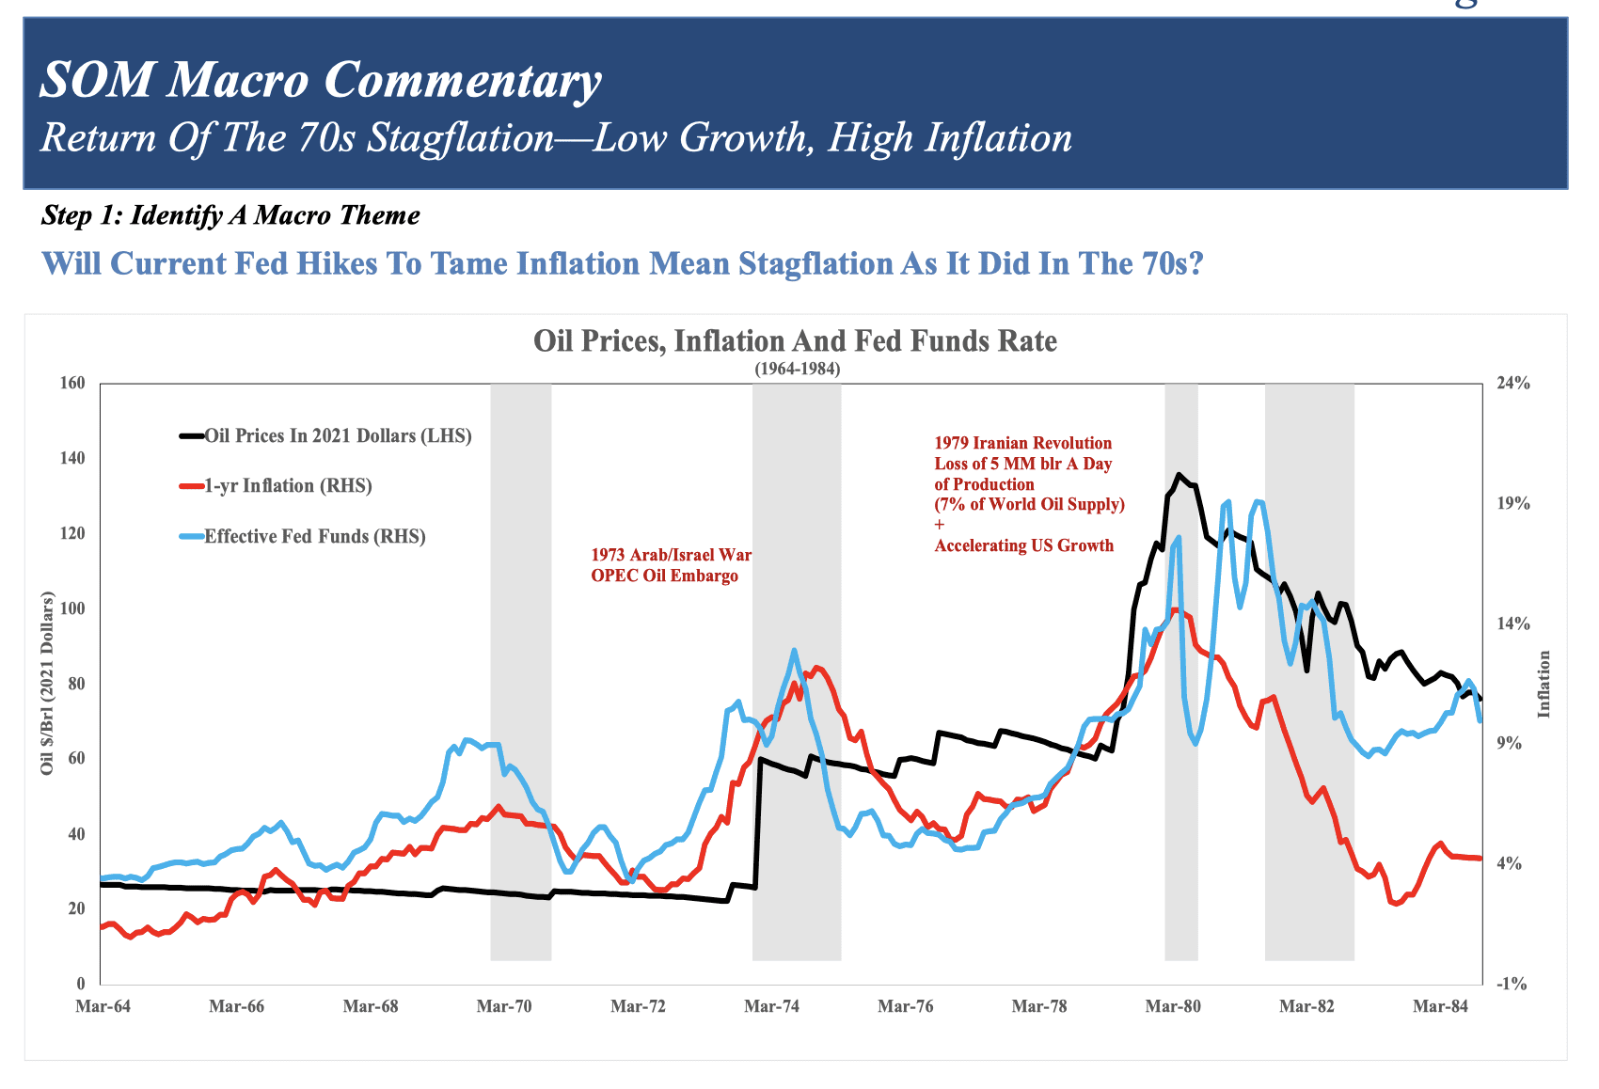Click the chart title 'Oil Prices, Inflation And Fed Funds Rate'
point(795,340)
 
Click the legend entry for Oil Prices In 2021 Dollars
point(338,435)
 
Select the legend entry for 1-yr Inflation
point(288,486)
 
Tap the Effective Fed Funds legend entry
point(314,537)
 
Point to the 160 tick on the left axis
point(73,383)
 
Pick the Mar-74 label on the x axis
point(771,1006)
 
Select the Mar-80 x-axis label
point(1173,1006)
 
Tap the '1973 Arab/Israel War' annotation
point(671,555)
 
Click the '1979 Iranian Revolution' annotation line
point(1022,443)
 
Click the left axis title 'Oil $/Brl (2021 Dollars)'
point(47,684)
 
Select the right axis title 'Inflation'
point(1544,684)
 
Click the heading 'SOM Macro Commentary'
point(320,80)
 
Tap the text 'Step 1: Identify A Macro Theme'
point(230,215)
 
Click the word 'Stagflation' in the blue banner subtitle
point(460,138)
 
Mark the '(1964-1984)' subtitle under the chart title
point(797,370)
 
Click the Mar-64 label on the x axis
point(103,1006)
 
